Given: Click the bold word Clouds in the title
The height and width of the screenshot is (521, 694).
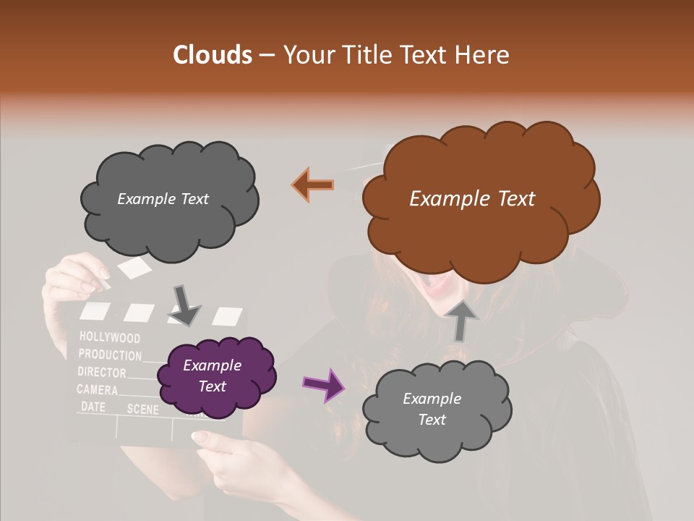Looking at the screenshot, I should click(212, 55).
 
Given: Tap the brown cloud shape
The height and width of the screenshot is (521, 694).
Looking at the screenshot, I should click(481, 199).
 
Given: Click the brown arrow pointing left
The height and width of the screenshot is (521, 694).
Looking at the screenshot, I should click(312, 185).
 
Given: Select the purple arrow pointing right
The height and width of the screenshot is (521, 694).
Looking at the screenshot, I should click(323, 384).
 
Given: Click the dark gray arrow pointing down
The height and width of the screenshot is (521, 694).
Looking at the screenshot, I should click(184, 305).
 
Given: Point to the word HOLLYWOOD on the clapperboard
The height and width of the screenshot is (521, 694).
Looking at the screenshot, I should click(109, 337).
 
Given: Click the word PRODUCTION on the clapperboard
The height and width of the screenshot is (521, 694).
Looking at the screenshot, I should click(110, 355).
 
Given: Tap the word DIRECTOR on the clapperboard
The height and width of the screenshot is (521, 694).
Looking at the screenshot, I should click(102, 373).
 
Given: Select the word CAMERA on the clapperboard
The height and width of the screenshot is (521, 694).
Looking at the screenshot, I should click(97, 390).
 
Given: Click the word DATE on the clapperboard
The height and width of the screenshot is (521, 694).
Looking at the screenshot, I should click(93, 407).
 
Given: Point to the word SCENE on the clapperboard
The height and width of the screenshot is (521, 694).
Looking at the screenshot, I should click(143, 409).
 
